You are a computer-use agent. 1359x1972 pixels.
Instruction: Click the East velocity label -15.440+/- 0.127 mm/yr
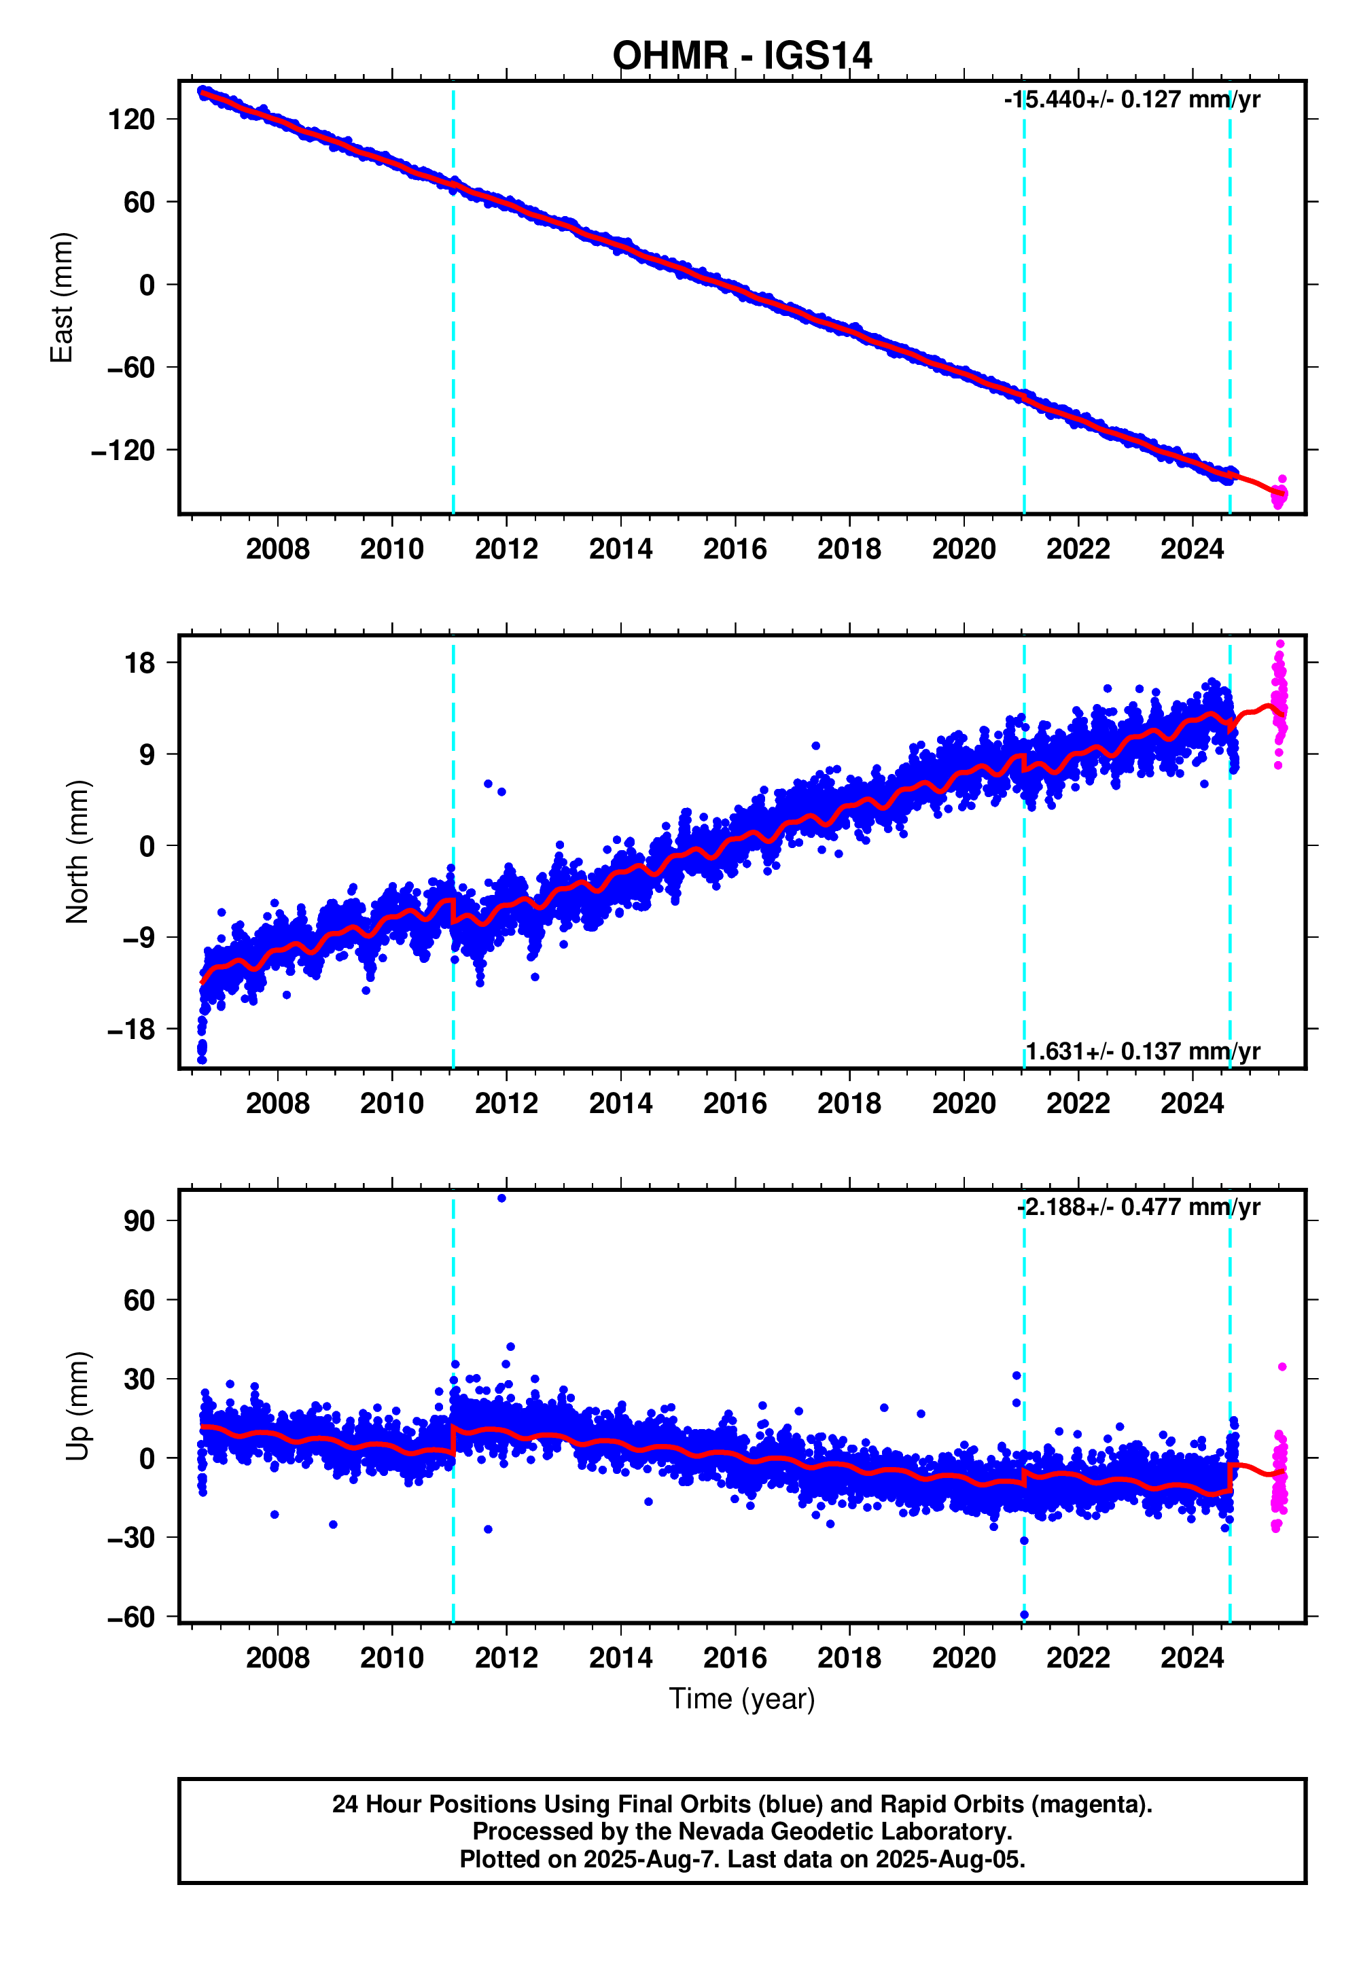tap(1131, 100)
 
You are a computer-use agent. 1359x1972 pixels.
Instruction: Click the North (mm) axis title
tap(77, 851)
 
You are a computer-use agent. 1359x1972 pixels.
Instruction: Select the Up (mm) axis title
tap(77, 1406)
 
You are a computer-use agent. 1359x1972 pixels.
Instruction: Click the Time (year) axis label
tap(741, 1699)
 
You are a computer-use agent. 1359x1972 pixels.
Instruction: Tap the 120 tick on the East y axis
tap(131, 119)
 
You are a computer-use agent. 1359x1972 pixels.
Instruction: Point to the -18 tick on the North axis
tap(131, 1029)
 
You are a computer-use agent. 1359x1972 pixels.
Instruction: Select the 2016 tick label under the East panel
tap(735, 549)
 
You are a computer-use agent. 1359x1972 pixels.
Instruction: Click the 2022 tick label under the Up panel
tap(1078, 1658)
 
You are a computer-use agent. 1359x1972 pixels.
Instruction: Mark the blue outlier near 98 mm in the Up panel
tap(501, 1198)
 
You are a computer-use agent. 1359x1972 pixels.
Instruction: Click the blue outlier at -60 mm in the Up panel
tap(1025, 1615)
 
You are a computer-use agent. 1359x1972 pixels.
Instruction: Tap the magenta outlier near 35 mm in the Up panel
tap(1282, 1367)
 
